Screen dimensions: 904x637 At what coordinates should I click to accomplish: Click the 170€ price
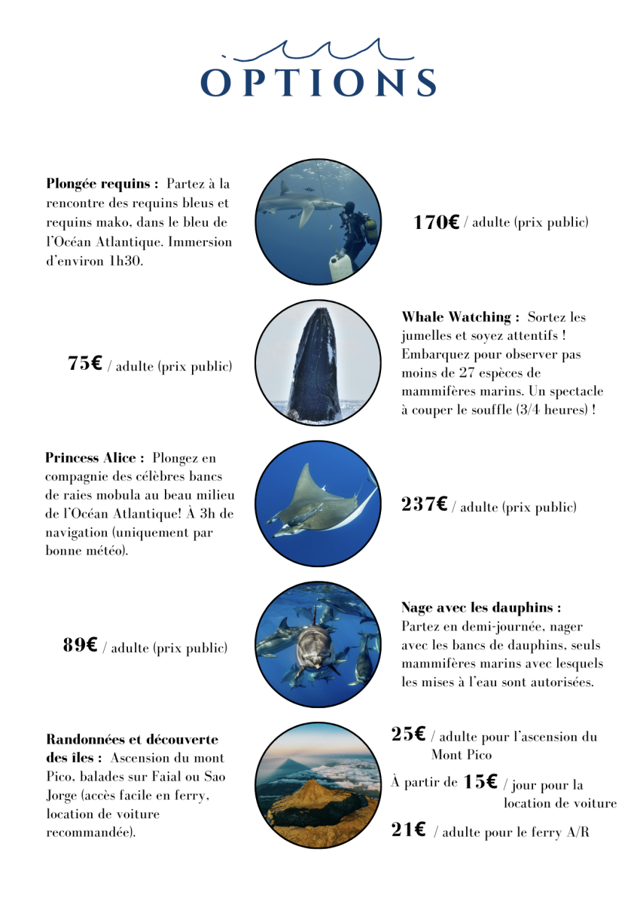click(x=436, y=222)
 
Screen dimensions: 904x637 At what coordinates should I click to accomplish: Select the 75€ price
click(x=84, y=364)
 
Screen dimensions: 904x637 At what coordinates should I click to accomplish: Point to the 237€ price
click(x=425, y=505)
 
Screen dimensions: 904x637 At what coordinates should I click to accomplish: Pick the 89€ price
click(x=80, y=645)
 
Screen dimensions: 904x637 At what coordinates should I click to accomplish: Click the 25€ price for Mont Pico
click(x=408, y=734)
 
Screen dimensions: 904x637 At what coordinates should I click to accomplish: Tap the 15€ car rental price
click(x=480, y=782)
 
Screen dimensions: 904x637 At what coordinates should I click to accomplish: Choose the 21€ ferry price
click(x=408, y=830)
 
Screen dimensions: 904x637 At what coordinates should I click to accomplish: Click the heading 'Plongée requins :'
click(x=102, y=184)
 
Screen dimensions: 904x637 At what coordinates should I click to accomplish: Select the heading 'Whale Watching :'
click(x=460, y=317)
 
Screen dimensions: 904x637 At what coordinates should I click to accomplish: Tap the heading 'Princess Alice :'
click(x=94, y=458)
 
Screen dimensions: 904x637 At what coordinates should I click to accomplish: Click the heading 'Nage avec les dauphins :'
click(x=480, y=607)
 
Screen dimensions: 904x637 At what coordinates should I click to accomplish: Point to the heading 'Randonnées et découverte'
click(x=132, y=740)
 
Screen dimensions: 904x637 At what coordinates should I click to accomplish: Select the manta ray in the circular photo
click(x=316, y=503)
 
